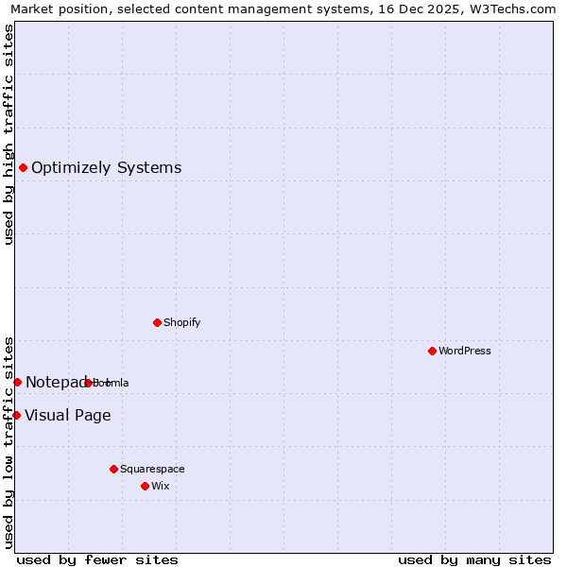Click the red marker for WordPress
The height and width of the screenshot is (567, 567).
pyautogui.click(x=432, y=351)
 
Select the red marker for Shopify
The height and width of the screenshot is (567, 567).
pyautogui.click(x=157, y=322)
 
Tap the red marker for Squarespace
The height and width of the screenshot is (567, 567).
pyautogui.click(x=113, y=469)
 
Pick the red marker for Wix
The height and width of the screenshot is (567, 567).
pyautogui.click(x=145, y=486)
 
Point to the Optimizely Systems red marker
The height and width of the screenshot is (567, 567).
pyautogui.click(x=23, y=167)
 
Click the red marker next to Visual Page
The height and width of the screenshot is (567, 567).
pyautogui.click(x=16, y=415)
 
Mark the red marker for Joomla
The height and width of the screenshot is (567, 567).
pyautogui.click(x=88, y=383)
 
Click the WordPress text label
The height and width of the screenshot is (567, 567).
pyautogui.click(x=465, y=351)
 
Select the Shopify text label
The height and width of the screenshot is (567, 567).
pyautogui.click(x=182, y=322)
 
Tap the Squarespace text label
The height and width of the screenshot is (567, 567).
pyautogui.click(x=152, y=469)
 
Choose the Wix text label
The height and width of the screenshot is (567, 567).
pyautogui.click(x=160, y=486)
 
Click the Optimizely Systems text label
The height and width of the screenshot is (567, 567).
pyautogui.click(x=106, y=168)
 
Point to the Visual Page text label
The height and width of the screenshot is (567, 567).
pyautogui.click(x=67, y=416)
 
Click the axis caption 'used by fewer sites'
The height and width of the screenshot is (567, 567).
pyautogui.click(x=97, y=559)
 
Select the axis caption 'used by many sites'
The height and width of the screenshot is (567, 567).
pyautogui.click(x=474, y=559)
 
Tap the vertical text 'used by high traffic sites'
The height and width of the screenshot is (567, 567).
pyautogui.click(x=9, y=134)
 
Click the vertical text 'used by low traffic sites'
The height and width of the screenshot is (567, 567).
pyautogui.click(x=9, y=442)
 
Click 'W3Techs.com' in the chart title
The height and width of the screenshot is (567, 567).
pyautogui.click(x=513, y=9)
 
